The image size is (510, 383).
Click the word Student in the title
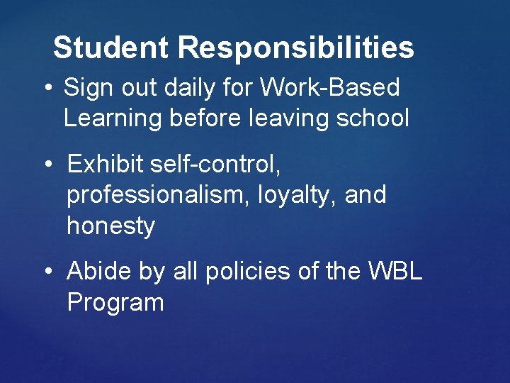(110, 48)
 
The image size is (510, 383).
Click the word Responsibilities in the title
(296, 48)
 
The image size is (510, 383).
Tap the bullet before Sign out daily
(47, 89)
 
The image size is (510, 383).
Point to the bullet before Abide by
(47, 271)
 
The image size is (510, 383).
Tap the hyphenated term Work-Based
(330, 89)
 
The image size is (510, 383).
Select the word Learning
(113, 118)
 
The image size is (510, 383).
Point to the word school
(373, 118)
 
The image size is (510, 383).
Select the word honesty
(110, 226)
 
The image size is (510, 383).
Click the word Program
(115, 303)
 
